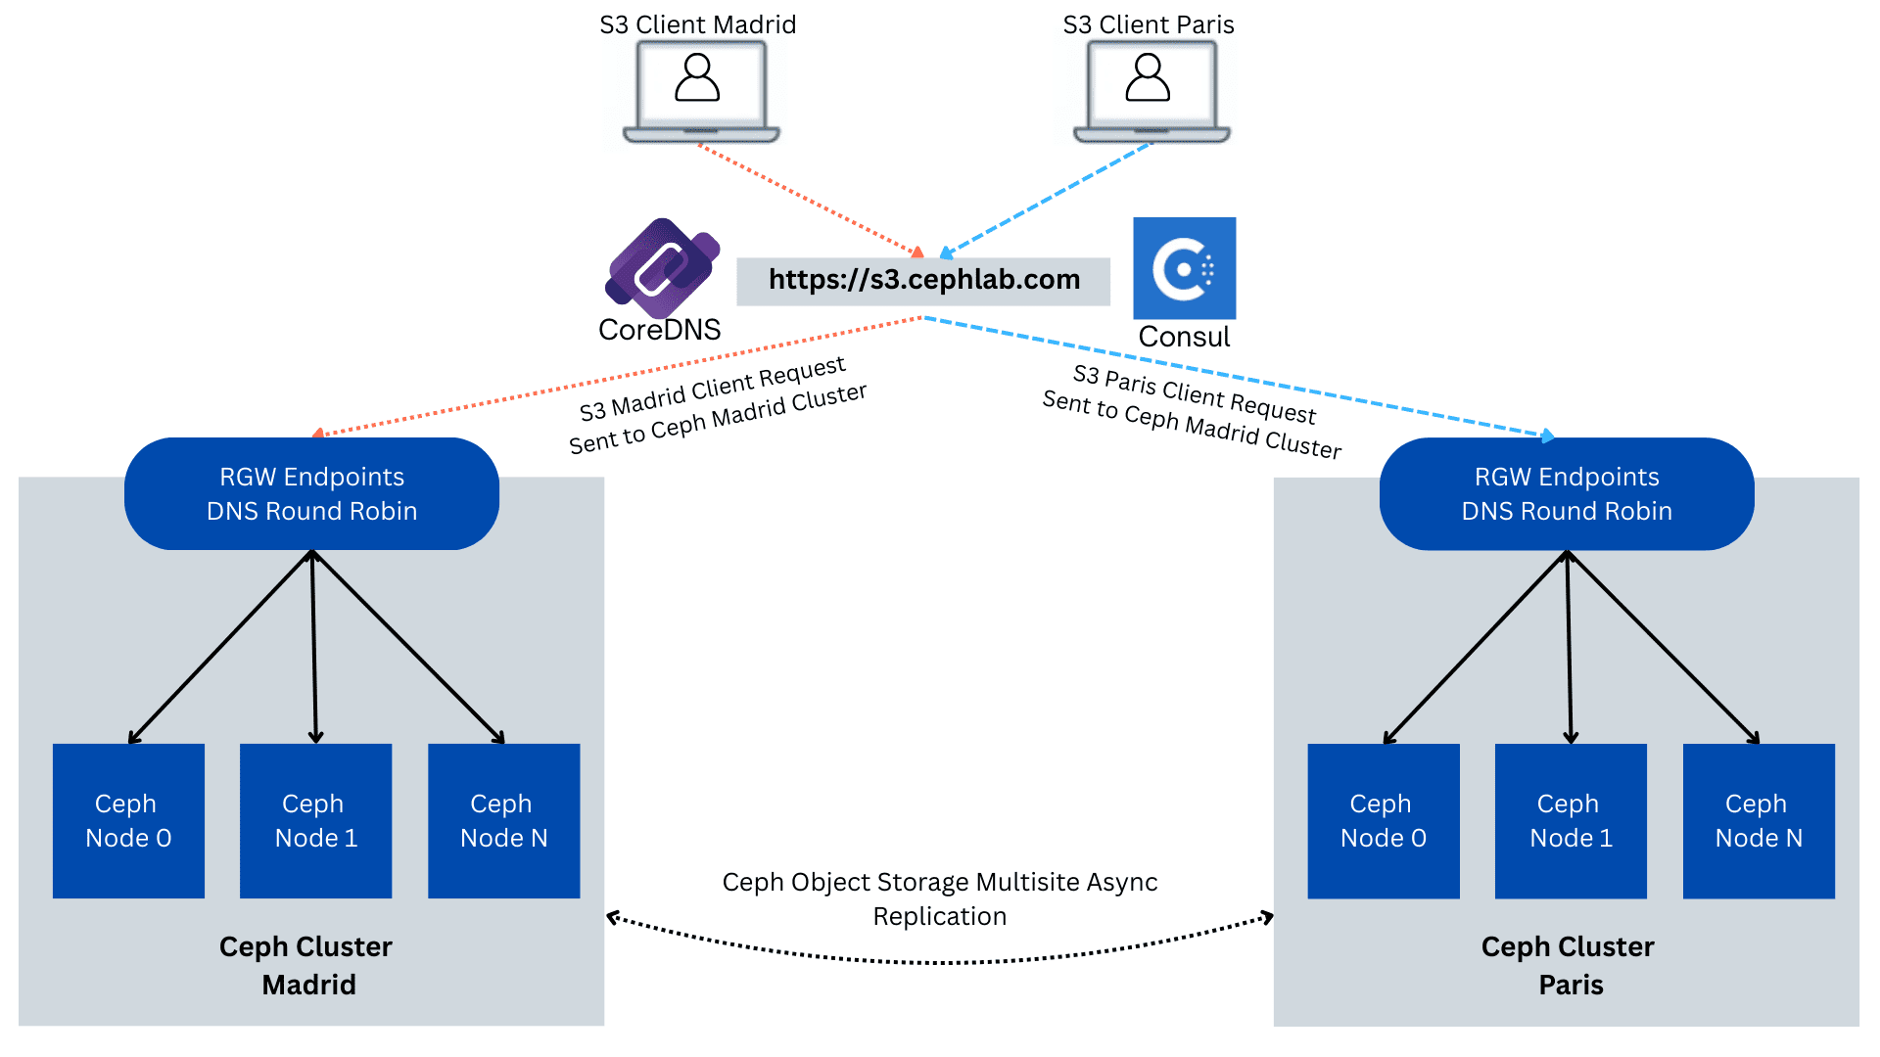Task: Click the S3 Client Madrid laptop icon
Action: click(700, 91)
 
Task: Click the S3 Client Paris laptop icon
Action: click(1151, 91)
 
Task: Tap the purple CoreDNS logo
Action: click(663, 267)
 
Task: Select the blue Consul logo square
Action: click(1184, 268)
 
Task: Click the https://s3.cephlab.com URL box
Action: click(923, 281)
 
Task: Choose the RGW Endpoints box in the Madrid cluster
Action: click(311, 494)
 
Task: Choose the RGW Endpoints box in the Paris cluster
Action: click(1567, 494)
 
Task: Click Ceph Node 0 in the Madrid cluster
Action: click(128, 821)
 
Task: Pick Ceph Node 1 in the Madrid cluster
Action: click(315, 821)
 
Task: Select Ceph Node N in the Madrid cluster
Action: click(503, 821)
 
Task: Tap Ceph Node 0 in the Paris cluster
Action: click(1383, 821)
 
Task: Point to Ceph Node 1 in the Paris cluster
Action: click(1571, 821)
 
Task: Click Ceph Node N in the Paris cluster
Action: click(1759, 821)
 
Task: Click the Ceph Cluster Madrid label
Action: click(306, 965)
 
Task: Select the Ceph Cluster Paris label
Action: click(1569, 965)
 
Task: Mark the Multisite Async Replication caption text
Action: click(940, 898)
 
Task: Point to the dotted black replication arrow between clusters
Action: click(940, 961)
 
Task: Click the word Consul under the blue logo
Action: click(1184, 337)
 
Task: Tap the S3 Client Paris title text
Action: click(1149, 24)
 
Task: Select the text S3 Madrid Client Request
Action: click(712, 389)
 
